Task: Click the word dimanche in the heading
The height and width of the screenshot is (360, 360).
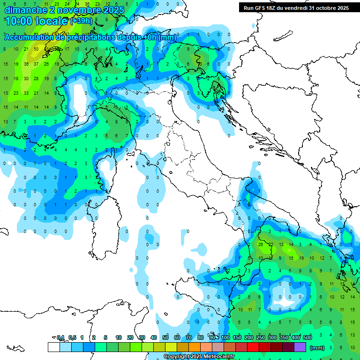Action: click(25, 10)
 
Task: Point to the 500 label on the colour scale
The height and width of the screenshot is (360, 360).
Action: click(307, 337)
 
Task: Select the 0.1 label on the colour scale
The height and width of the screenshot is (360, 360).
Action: click(60, 337)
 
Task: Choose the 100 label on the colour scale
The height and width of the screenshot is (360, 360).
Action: click(225, 337)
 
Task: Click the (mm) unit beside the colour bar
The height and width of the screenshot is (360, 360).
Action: click(317, 348)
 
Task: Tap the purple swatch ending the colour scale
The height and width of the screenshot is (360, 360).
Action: click(300, 347)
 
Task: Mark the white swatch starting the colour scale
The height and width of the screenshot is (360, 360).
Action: click(53, 347)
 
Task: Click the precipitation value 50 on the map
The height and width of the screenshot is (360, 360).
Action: click(36, 49)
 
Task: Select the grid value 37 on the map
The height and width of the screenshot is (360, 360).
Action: click(36, 64)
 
